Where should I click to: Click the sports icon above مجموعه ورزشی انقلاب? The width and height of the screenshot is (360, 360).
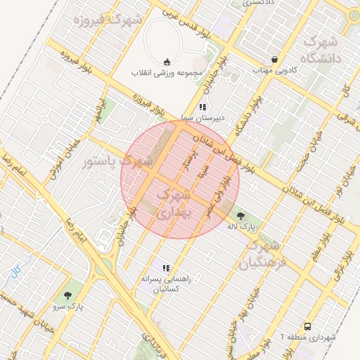[x=167, y=61]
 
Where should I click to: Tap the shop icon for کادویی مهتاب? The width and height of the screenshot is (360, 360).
[x=274, y=60]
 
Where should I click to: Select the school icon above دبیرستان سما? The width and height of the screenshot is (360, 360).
[x=202, y=107]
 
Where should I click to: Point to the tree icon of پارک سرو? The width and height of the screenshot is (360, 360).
[x=67, y=296]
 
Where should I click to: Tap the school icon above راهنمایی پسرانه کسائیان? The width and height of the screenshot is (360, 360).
[x=166, y=268]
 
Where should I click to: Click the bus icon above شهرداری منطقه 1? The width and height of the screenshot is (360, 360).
[x=307, y=326]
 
